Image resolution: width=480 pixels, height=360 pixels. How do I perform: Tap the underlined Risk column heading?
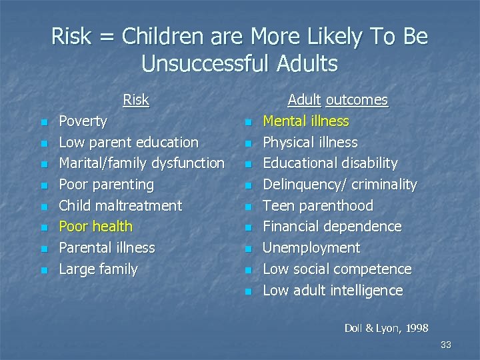coord(136,100)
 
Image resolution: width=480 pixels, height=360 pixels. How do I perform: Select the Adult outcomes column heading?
coord(337,100)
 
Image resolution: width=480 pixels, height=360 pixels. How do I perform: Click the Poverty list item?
coord(83,121)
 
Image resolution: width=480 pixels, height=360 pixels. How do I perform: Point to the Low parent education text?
coord(129,143)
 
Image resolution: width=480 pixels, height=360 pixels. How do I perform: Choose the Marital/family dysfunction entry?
coord(141,163)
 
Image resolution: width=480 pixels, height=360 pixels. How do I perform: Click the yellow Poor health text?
coord(96,227)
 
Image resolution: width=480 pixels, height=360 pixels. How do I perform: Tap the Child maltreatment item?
coord(120,206)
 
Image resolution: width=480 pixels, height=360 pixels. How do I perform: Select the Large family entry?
coord(98,269)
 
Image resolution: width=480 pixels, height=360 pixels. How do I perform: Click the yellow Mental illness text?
coord(306,121)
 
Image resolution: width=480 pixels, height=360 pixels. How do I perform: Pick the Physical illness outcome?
coord(310,143)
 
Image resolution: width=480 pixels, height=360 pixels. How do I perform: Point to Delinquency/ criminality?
coord(339,185)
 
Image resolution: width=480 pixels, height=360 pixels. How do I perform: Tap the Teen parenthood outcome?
coord(318,206)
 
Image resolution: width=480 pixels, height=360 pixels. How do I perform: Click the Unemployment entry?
coord(311,248)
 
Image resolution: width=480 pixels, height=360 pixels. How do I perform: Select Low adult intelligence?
coord(333,291)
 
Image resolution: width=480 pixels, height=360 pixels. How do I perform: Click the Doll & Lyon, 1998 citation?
coord(386,328)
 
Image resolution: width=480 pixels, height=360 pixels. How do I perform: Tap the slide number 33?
coord(446,345)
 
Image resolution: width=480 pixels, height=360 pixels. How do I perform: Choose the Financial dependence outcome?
coord(332,227)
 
